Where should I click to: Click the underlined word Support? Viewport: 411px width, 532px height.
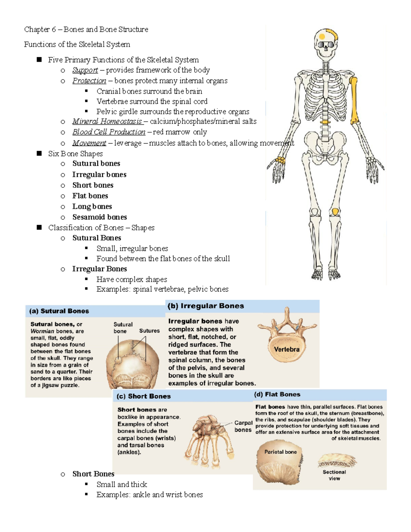click(85, 70)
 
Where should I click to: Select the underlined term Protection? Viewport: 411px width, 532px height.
click(89, 81)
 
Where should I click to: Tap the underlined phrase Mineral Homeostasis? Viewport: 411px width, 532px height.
click(107, 121)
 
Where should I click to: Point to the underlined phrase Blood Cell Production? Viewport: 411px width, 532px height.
click(109, 132)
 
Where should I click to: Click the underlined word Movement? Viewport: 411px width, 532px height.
click(89, 143)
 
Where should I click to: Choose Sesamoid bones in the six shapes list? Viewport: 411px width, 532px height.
click(100, 217)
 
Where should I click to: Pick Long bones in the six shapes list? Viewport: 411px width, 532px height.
click(92, 207)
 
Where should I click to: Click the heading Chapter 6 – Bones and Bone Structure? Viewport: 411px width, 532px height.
click(86, 29)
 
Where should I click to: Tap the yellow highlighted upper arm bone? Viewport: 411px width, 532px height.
click(354, 100)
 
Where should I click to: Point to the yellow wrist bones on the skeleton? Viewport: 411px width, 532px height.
click(281, 160)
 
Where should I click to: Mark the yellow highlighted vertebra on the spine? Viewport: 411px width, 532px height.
click(325, 122)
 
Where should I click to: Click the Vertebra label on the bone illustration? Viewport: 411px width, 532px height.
click(287, 349)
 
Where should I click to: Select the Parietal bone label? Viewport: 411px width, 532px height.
click(281, 452)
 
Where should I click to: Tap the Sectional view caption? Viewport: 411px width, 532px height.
click(334, 475)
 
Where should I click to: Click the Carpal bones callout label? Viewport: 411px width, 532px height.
click(243, 426)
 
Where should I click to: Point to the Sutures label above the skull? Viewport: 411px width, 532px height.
click(149, 331)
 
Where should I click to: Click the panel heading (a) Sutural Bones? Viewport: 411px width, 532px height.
click(59, 311)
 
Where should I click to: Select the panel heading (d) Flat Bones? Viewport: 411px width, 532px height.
click(277, 394)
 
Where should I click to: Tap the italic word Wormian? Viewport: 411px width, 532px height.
click(42, 331)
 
